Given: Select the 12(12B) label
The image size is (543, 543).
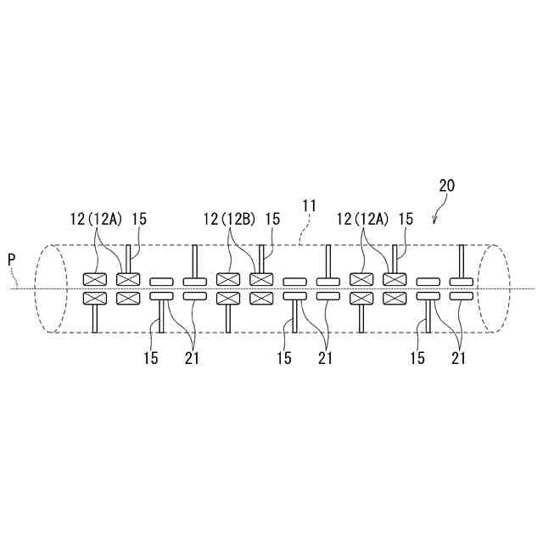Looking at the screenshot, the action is (228, 219).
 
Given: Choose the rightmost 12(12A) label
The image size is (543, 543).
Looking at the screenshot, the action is (362, 219).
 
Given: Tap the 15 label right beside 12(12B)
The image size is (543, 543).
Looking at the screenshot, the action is (272, 219).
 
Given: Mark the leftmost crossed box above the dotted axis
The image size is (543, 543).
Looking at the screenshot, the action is (93, 279).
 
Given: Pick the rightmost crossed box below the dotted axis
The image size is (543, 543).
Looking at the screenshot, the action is (395, 298).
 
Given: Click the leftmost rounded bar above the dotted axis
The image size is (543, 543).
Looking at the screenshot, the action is (160, 280).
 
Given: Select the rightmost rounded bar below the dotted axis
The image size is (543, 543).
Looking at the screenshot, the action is (462, 297).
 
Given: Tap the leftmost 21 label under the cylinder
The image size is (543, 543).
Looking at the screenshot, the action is (191, 358).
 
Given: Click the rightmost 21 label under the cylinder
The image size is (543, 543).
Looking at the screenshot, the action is (459, 358).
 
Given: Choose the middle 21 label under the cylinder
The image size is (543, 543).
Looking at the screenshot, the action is (325, 358).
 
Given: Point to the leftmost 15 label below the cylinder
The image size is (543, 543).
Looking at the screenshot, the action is (150, 358).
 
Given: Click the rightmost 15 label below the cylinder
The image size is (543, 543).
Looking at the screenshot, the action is (417, 358).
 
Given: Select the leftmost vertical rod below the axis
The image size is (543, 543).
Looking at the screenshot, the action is (93, 319).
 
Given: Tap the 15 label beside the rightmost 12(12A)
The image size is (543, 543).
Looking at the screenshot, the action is (406, 219).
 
